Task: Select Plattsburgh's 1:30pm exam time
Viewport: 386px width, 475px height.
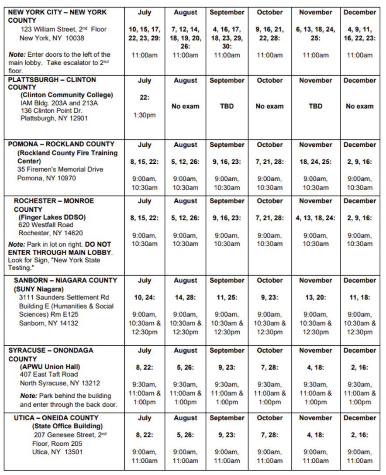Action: (145, 115)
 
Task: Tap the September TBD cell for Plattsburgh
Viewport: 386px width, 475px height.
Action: (227, 106)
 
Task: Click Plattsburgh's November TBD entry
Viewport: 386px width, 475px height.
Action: (315, 106)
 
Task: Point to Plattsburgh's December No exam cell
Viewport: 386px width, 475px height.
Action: (359, 106)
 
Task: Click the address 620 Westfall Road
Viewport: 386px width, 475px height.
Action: (47, 225)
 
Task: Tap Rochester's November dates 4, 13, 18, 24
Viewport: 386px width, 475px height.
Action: (315, 218)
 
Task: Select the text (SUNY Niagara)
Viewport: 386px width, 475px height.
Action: (39, 289)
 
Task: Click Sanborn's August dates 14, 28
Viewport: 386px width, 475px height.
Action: (186, 297)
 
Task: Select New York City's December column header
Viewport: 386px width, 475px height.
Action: (359, 12)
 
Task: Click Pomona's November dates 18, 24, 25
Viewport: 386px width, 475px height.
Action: (315, 162)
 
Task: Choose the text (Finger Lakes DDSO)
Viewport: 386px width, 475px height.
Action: (52, 217)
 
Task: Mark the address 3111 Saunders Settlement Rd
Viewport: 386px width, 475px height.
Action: (64, 297)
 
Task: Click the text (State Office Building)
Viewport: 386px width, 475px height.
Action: (67, 426)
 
